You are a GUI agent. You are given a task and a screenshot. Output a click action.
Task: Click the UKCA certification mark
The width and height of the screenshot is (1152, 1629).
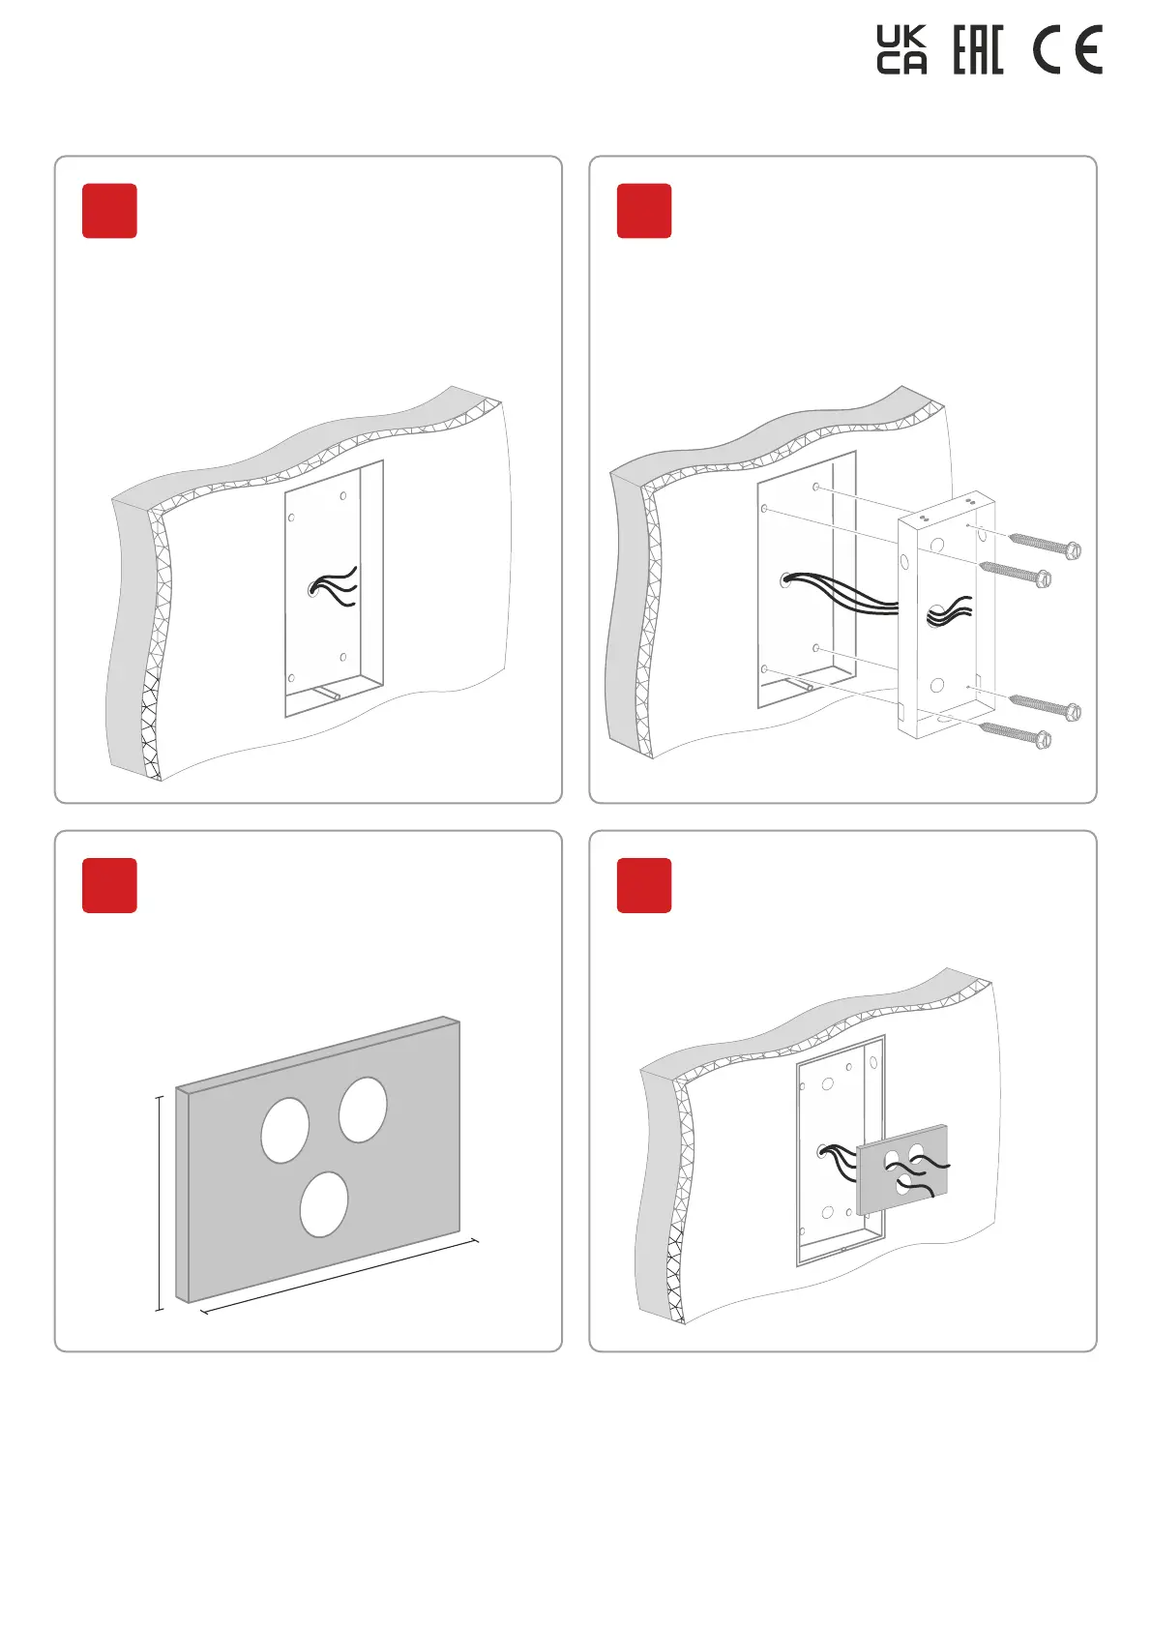pyautogui.click(x=901, y=50)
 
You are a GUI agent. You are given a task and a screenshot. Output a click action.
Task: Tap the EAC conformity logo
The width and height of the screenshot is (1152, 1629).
pyautogui.click(x=978, y=50)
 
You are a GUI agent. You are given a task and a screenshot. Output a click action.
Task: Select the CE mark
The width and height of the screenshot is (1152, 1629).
pyautogui.click(x=1067, y=51)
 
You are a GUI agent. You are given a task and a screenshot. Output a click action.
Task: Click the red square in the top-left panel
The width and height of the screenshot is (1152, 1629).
pyautogui.click(x=109, y=211)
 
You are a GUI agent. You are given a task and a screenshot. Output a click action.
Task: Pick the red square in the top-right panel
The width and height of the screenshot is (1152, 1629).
pyautogui.click(x=644, y=211)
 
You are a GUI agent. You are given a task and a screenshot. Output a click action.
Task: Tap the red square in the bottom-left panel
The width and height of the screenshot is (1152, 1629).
pyautogui.click(x=109, y=885)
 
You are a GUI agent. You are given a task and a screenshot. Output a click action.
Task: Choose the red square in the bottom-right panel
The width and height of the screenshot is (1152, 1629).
pyautogui.click(x=644, y=885)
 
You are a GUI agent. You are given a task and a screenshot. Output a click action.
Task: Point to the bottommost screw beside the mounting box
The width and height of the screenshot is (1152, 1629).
pyautogui.click(x=1016, y=734)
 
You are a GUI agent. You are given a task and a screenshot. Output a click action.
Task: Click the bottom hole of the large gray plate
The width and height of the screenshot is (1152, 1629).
pyautogui.click(x=324, y=1204)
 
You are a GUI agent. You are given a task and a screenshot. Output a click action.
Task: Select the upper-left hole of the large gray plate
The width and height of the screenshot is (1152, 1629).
pyautogui.click(x=285, y=1130)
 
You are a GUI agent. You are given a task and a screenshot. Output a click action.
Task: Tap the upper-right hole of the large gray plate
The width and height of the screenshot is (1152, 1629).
pyautogui.click(x=363, y=1110)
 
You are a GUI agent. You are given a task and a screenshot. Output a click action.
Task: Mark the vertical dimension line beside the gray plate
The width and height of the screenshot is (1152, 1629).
pyautogui.click(x=160, y=1203)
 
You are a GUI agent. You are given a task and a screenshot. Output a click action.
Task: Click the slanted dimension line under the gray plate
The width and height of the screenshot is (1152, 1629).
pyautogui.click(x=339, y=1276)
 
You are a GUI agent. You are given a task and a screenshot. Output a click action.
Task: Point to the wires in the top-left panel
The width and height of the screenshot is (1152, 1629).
pyautogui.click(x=337, y=586)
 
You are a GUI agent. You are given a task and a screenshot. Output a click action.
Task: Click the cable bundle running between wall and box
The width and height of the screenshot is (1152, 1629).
pyautogui.click(x=842, y=592)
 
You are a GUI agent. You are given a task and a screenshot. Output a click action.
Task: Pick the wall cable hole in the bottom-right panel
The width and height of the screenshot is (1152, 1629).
pyautogui.click(x=824, y=1151)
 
